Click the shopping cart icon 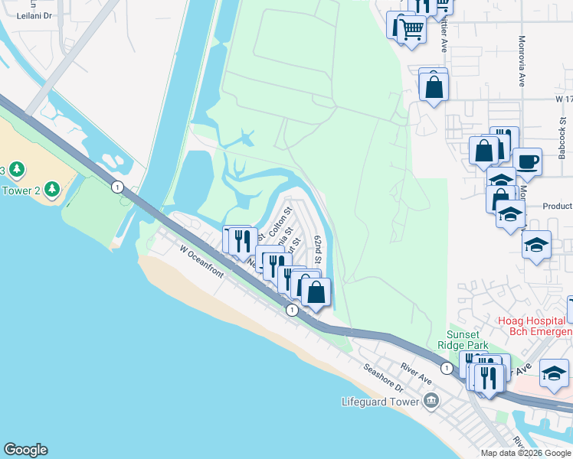coord(413,30)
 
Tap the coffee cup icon coord(527,162)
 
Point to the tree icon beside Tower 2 coord(52,187)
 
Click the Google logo coord(25,450)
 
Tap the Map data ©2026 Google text coord(526,453)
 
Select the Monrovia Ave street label coord(521,60)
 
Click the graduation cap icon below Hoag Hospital coord(554,373)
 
